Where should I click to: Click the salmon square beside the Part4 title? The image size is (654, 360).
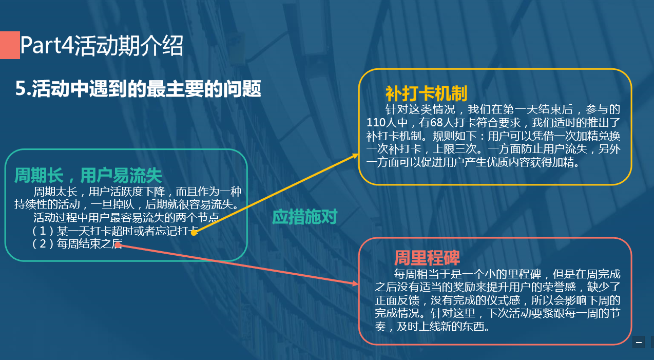click(10, 45)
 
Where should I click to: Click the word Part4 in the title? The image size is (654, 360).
click(46, 46)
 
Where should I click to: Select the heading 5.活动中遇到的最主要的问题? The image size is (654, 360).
click(138, 88)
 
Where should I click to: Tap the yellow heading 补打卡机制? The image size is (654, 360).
click(426, 93)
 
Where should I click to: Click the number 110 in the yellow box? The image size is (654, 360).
click(377, 123)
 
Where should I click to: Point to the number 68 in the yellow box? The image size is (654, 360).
click(437, 123)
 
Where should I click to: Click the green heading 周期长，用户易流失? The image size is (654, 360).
click(88, 176)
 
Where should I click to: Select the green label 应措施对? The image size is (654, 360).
click(304, 217)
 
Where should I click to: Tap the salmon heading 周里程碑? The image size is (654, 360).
click(427, 258)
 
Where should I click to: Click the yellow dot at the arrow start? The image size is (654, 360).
click(194, 233)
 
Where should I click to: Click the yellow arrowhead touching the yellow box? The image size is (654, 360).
click(355, 156)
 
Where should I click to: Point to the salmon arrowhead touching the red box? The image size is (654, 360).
click(355, 283)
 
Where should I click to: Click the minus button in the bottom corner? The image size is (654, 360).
click(639, 342)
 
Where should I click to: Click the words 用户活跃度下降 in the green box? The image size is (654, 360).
click(127, 192)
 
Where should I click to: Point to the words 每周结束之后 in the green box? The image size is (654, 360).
click(89, 244)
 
